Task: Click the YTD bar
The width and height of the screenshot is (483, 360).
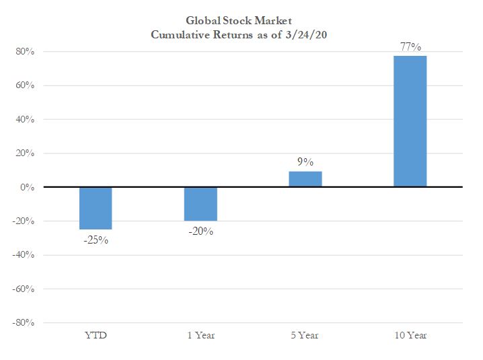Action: pyautogui.click(x=96, y=208)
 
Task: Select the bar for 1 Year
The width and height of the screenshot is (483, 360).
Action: pyautogui.click(x=200, y=204)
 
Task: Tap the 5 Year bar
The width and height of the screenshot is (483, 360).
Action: pyautogui.click(x=305, y=179)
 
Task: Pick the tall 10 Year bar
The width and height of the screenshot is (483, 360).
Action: pyautogui.click(x=410, y=121)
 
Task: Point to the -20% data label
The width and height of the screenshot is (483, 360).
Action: pyautogui.click(x=200, y=231)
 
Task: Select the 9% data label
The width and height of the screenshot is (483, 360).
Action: pyautogui.click(x=305, y=161)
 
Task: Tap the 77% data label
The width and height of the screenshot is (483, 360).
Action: pyautogui.click(x=410, y=46)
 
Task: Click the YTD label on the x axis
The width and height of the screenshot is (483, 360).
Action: pyautogui.click(x=96, y=334)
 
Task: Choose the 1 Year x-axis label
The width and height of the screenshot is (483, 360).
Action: pyautogui.click(x=200, y=334)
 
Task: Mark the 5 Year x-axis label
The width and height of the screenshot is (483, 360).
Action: pyautogui.click(x=305, y=334)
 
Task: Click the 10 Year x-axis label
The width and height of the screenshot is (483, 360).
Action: pyautogui.click(x=410, y=334)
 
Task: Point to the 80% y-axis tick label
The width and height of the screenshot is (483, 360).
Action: pyautogui.click(x=25, y=52)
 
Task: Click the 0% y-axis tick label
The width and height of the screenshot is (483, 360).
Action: pyautogui.click(x=28, y=187)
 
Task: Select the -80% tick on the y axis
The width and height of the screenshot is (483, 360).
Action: pyautogui.click(x=24, y=322)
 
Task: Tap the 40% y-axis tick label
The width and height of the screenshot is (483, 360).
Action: pyautogui.click(x=25, y=120)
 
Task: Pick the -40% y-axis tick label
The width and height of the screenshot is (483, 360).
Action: pyautogui.click(x=24, y=255)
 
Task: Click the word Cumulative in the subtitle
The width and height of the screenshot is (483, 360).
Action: pyautogui.click(x=178, y=35)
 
